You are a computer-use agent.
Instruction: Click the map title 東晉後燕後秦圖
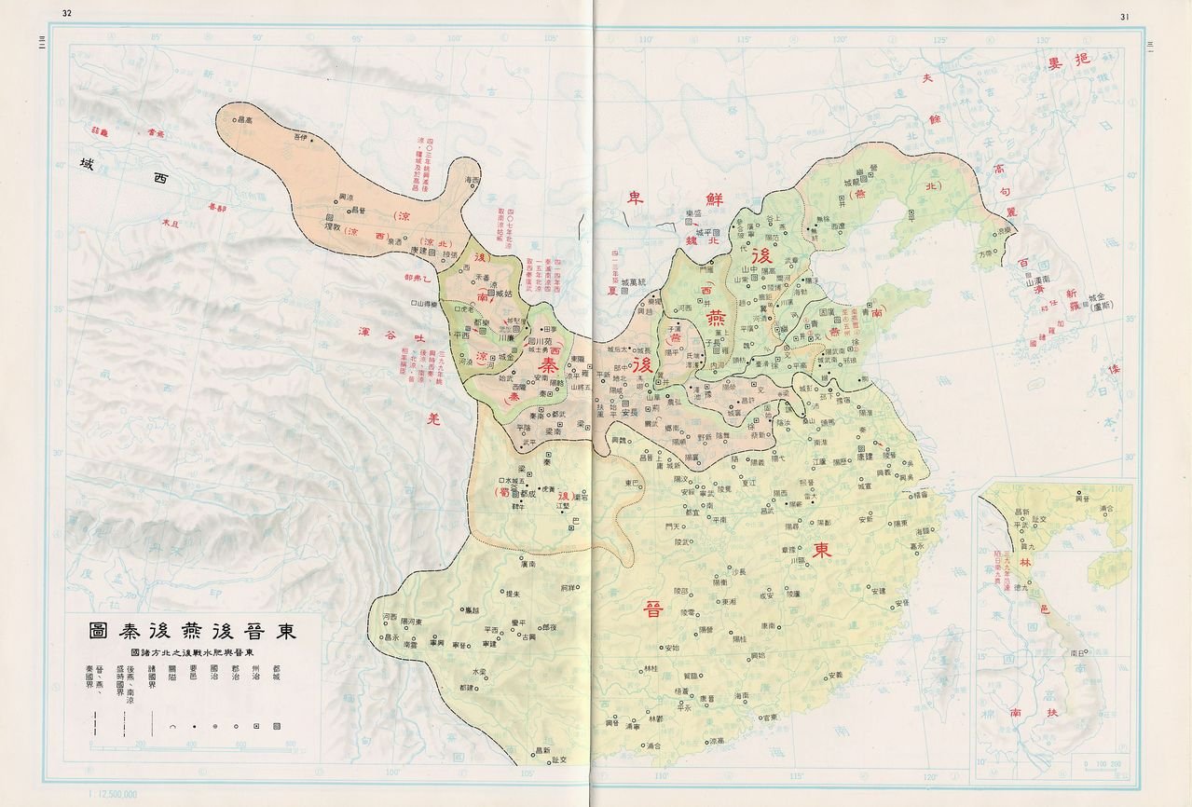click(x=193, y=631)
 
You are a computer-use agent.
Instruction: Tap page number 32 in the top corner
click(x=67, y=13)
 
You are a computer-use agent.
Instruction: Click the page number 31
click(x=1124, y=16)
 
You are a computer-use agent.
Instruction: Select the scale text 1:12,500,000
click(x=111, y=794)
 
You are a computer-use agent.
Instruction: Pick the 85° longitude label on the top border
click(x=157, y=38)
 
